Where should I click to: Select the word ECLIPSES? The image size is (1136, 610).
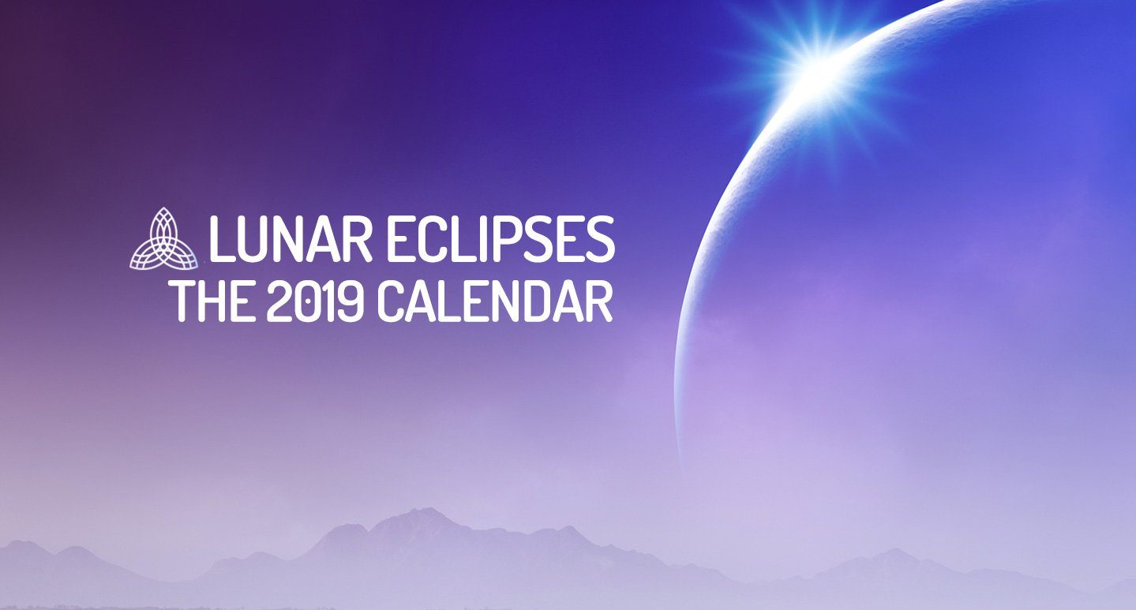click(x=501, y=238)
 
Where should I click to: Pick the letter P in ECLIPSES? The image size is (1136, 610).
click(x=523, y=238)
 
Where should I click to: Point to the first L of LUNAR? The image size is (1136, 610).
click(x=222, y=238)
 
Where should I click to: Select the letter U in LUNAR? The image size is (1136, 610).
click(x=255, y=239)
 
